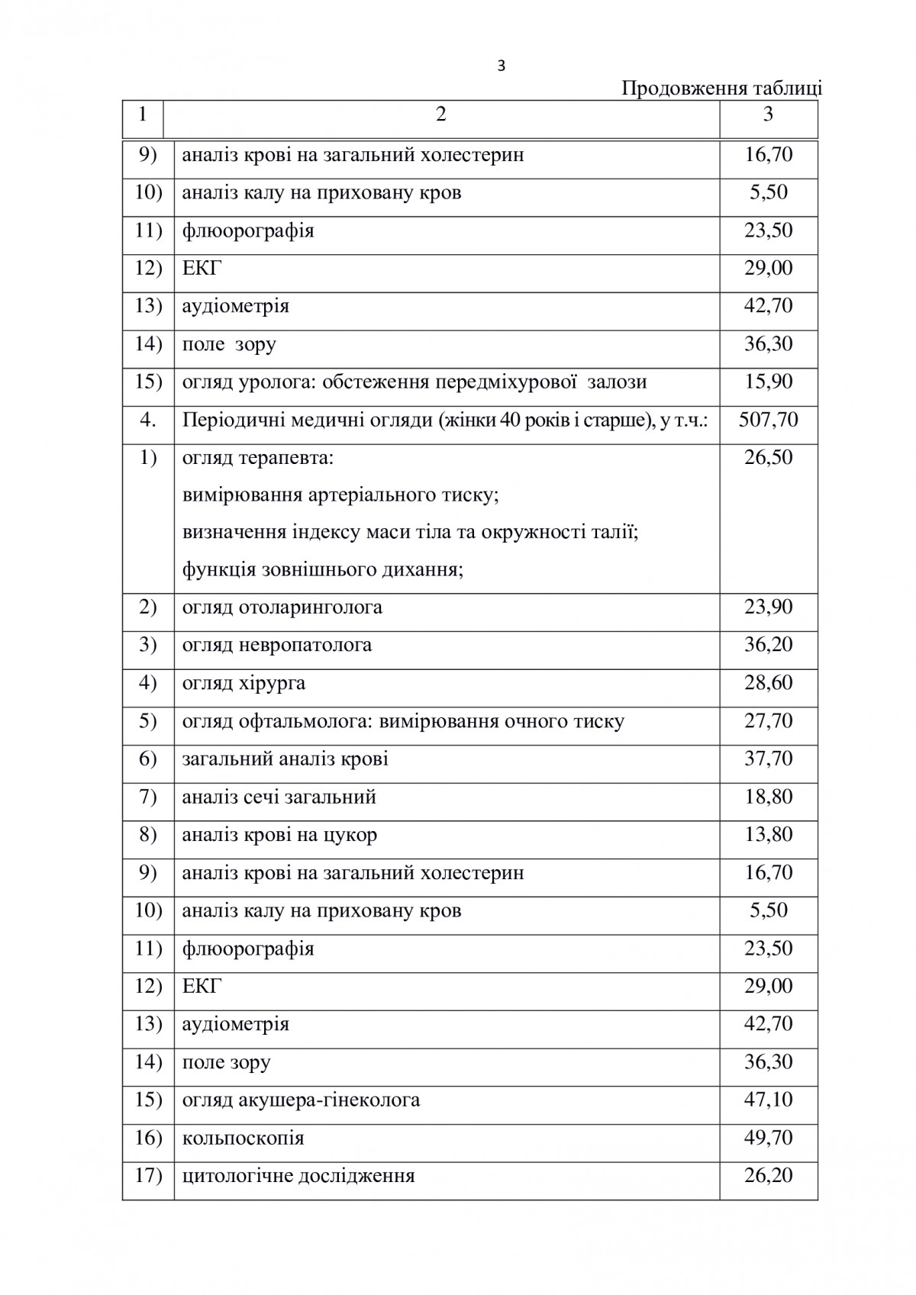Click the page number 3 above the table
coord(501,66)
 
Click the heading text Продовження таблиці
coord(721,89)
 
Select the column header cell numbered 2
coord(441,115)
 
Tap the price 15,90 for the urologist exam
coord(768,382)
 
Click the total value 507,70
coord(768,420)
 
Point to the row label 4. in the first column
coord(147,420)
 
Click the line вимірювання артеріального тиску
coord(340,494)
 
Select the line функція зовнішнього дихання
coord(323,570)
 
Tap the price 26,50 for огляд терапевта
coord(768,457)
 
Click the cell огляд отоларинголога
coord(282,607)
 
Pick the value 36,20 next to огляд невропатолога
coord(768,645)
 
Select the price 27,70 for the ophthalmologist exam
coord(768,720)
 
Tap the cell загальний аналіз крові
coord(285,759)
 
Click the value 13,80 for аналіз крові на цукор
coord(768,834)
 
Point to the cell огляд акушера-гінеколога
coord(301,1100)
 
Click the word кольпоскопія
coord(243,1139)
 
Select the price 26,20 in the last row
coord(768,1175)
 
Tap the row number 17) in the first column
coord(148,1175)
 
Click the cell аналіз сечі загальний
coord(279,797)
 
